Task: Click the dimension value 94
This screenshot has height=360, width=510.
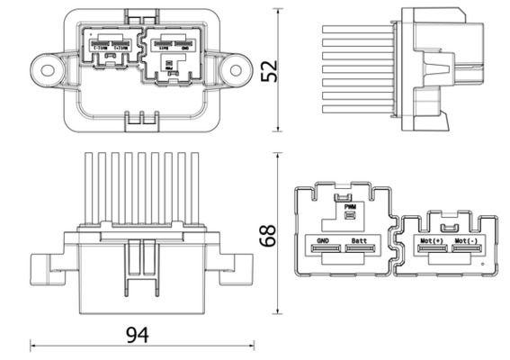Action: tap(137, 335)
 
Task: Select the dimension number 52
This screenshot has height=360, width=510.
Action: tap(269, 69)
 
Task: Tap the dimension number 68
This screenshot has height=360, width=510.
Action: tap(269, 236)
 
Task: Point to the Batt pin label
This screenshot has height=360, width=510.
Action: tap(359, 241)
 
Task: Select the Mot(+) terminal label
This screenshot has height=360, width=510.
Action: tap(431, 241)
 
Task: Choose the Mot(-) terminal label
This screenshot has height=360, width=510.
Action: tap(466, 241)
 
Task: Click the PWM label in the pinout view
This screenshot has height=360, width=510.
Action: tap(350, 206)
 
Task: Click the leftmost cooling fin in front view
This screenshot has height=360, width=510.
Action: tap(87, 189)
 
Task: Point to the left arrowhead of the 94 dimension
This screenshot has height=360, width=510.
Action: tap(34, 344)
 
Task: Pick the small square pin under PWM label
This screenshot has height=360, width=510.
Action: tap(350, 215)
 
